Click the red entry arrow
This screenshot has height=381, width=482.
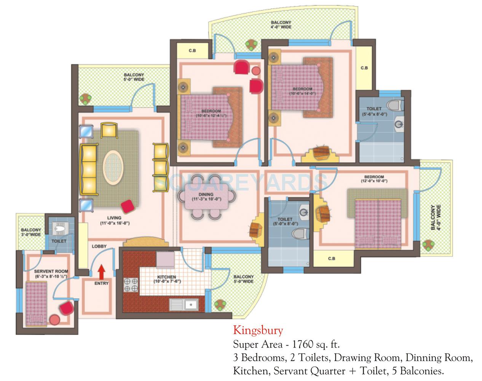click(101, 273)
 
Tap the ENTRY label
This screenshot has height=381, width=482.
click(102, 283)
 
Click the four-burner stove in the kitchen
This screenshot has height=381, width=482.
click(131, 285)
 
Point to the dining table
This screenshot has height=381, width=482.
click(206, 197)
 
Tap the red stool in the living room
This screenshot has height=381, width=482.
click(128, 207)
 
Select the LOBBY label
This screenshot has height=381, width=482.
click(99, 247)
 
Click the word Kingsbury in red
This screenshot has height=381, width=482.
click(258, 330)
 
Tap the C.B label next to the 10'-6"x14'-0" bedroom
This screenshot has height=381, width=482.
click(364, 68)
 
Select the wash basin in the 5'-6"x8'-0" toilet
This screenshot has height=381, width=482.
click(399, 124)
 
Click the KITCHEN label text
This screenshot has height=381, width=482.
click(167, 277)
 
